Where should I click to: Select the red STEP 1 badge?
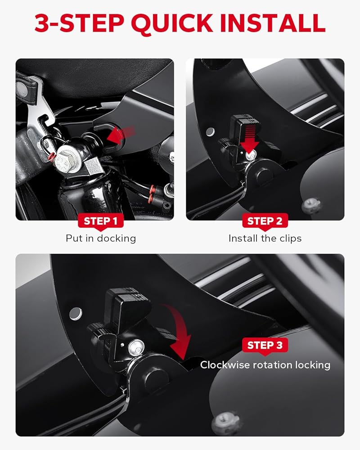[x=100, y=221]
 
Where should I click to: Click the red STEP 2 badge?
[x=265, y=221]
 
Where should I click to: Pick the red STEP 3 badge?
[x=265, y=345]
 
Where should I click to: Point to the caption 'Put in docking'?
[x=101, y=238]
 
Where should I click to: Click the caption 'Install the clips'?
[x=265, y=238]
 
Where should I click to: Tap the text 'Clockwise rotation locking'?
[x=265, y=365]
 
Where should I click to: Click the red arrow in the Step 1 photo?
[x=121, y=134]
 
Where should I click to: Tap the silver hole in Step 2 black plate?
[x=211, y=132]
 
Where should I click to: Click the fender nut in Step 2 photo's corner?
[x=311, y=205]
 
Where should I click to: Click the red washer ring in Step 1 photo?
[x=52, y=157]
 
